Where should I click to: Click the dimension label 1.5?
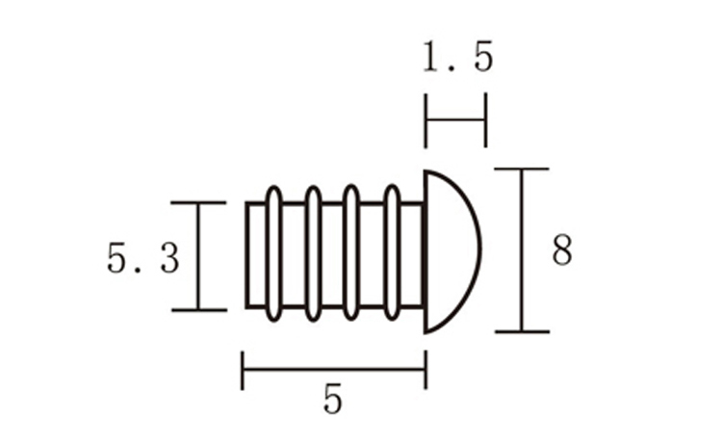pos(457,59)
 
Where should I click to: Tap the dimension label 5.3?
pos(142,258)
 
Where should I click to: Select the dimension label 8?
pos(562,251)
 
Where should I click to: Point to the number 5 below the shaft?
pos(332,400)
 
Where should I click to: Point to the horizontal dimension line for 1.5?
pos(455,119)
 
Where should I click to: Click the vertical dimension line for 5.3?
pos(198,256)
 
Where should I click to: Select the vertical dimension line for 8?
pos(522,250)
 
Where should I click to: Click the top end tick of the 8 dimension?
pos(522,169)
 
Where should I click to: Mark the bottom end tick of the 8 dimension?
pos(522,331)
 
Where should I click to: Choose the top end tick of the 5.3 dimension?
pos(198,203)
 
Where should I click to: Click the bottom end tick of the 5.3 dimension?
pos(198,309)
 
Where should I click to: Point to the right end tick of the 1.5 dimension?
pos(485,119)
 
